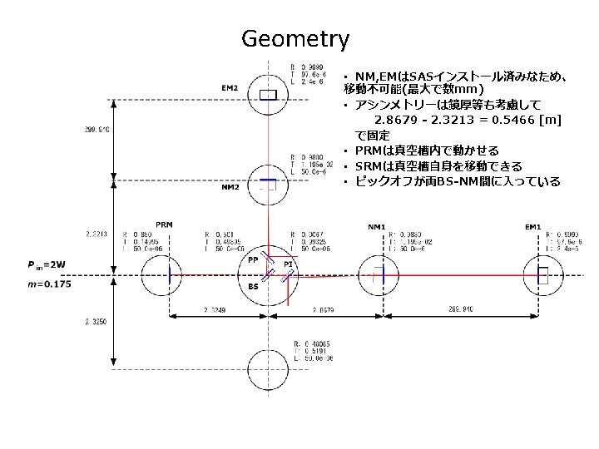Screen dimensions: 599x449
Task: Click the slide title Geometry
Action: click(295, 39)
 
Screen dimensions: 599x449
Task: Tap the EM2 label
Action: click(230, 88)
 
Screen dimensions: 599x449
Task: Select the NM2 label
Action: click(230, 187)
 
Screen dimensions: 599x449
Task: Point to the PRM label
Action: click(164, 224)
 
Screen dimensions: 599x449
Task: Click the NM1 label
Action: click(376, 227)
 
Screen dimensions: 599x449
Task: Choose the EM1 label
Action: click(532, 227)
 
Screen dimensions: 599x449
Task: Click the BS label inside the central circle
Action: click(253, 286)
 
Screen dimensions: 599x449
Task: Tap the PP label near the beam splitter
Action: click(253, 260)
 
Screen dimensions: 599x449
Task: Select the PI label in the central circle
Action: click(288, 264)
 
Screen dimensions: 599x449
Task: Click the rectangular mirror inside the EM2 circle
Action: click(268, 96)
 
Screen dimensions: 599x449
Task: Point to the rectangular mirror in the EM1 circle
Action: click(543, 275)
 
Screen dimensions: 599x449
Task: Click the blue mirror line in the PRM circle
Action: click(170, 275)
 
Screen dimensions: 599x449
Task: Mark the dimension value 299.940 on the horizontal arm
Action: click(461, 309)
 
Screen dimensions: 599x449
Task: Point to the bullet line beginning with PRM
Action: click(426, 150)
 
